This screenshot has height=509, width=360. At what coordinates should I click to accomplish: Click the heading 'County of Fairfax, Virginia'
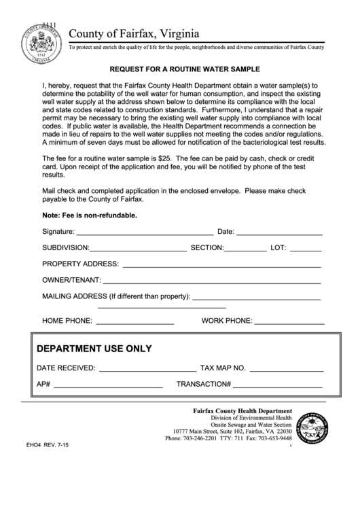click(134, 33)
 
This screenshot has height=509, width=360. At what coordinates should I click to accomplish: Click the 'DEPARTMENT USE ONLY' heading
click(94, 349)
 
